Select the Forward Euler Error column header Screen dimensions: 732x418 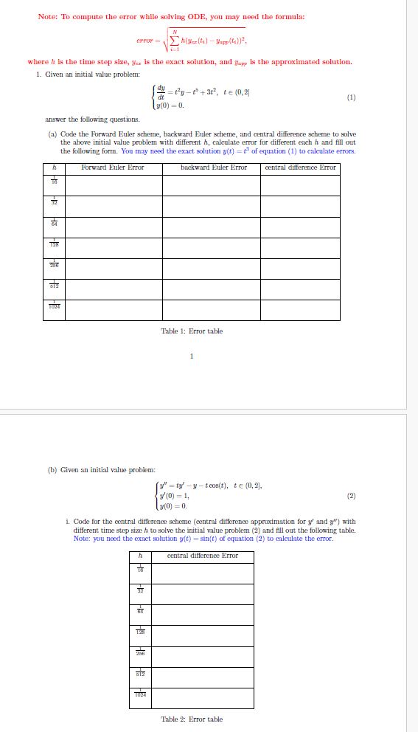(113, 168)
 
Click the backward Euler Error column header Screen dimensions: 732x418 (213, 168)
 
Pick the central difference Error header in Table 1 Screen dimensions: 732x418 (301, 168)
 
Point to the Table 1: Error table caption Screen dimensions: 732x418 (192, 331)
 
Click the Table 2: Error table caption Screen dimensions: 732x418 (192, 719)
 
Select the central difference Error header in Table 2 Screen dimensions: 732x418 (203, 556)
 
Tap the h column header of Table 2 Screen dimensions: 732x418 (140, 556)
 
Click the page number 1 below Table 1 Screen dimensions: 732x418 (192, 358)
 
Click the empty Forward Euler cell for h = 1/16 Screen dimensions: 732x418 (113, 184)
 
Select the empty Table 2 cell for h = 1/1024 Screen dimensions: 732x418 (203, 697)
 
